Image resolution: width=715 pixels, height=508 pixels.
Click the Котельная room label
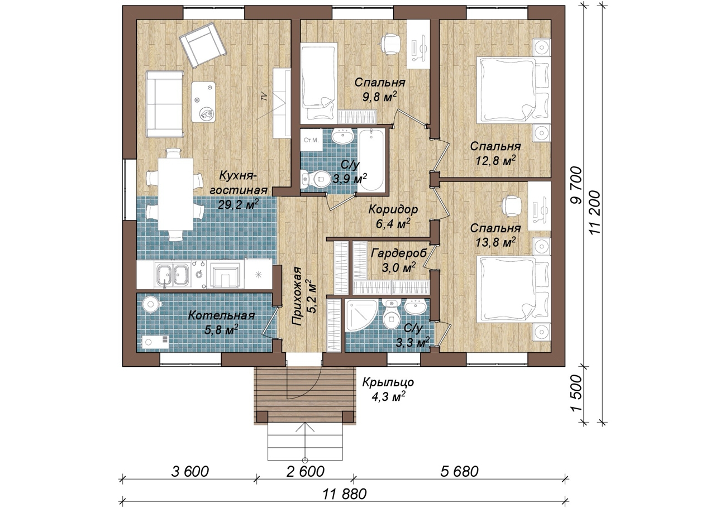(x=222, y=315)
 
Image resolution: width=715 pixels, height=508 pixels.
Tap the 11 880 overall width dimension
(x=345, y=495)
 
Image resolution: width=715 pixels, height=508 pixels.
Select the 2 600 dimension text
(x=305, y=472)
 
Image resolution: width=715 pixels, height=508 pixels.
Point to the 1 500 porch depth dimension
(x=575, y=395)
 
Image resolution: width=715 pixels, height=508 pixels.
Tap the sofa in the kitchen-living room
(x=165, y=104)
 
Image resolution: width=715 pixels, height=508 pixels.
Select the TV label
(x=264, y=96)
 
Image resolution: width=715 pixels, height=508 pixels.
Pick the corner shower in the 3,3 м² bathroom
(x=361, y=315)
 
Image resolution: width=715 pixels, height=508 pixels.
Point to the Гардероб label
(x=399, y=253)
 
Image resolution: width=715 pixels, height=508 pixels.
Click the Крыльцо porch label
(x=388, y=382)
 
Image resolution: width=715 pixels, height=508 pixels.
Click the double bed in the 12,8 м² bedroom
(x=513, y=90)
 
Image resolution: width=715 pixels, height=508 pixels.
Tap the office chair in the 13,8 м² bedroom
(x=511, y=206)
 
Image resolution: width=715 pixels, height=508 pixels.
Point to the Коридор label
(x=393, y=210)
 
